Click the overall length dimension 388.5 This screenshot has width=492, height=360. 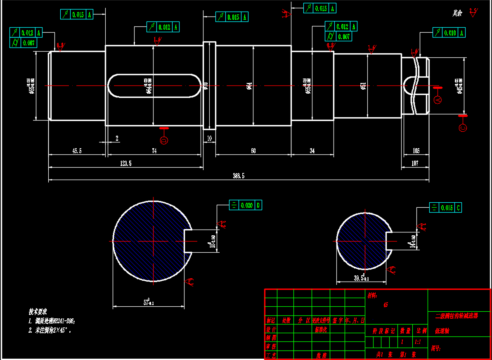click(x=239, y=176)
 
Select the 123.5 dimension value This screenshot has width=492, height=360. click(x=125, y=163)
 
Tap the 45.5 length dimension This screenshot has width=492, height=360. click(x=77, y=151)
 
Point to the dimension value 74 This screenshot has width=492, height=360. click(x=154, y=151)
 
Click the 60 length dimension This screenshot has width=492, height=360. click(x=253, y=151)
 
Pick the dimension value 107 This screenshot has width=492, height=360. click(x=415, y=163)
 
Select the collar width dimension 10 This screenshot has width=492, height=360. click(x=209, y=139)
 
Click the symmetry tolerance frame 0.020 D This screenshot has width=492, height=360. click(x=246, y=205)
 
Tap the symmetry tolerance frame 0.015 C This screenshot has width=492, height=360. click(x=445, y=208)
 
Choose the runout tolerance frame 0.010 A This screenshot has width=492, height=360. click(x=449, y=33)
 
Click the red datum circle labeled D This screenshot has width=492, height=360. click(x=164, y=141)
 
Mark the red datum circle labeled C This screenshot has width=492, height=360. click(x=463, y=128)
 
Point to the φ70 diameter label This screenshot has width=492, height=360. click(x=206, y=85)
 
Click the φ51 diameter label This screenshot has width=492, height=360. click(x=363, y=85)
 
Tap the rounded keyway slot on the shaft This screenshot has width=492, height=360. click(x=153, y=86)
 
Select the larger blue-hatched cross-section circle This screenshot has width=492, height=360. click(x=153, y=241)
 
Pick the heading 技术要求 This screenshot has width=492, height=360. click(x=38, y=311)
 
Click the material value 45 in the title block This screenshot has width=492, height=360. click(x=386, y=305)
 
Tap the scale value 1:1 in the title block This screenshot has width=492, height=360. click(x=417, y=342)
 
